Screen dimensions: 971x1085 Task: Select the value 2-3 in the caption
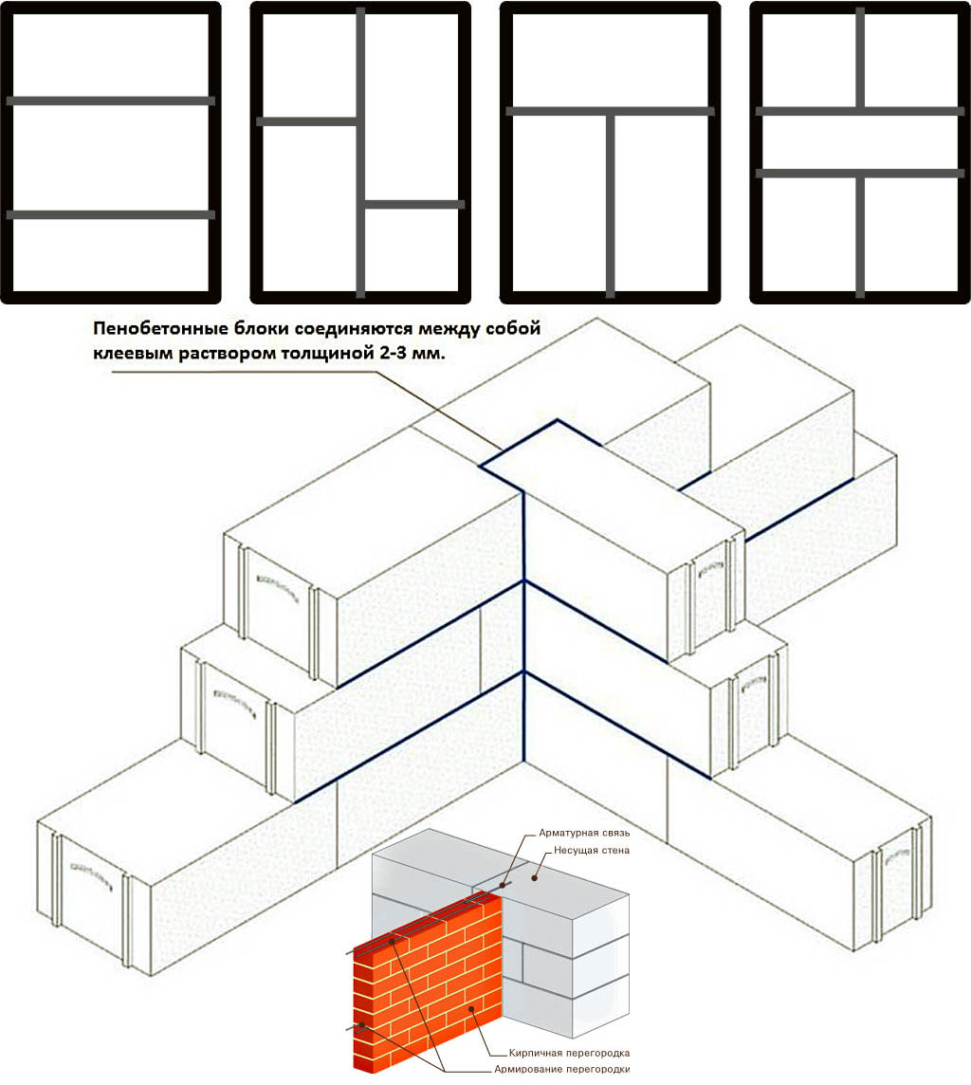pos(394,353)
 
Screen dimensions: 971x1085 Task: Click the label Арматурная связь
pos(584,833)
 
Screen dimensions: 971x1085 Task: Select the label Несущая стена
pos(592,850)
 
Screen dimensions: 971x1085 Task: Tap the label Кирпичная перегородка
pos(569,1053)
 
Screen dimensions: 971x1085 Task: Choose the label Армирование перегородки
pos(561,1069)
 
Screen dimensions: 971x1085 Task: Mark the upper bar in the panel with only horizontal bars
pos(111,101)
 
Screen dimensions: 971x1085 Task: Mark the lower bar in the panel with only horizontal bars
pos(111,214)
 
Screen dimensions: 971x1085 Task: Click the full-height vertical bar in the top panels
pos(360,153)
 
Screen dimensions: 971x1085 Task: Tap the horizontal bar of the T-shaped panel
pos(610,111)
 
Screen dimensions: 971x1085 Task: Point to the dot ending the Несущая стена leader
pos(534,877)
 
